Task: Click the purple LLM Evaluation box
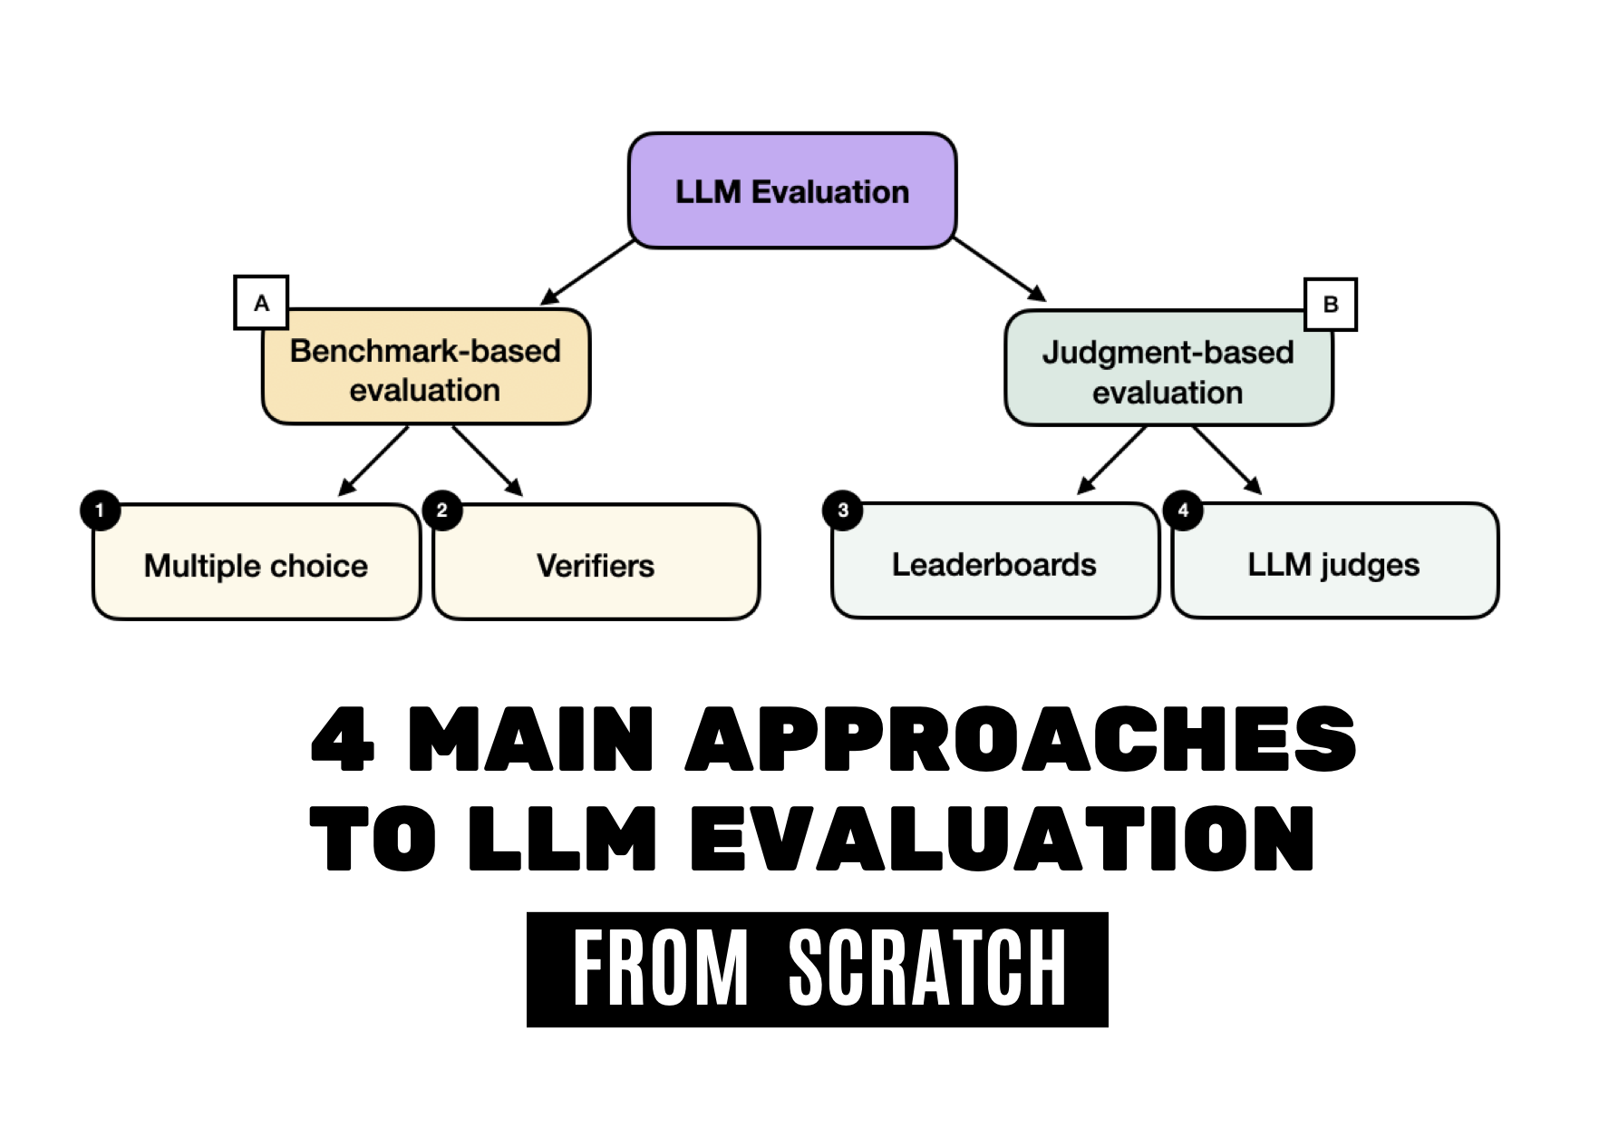pos(792,190)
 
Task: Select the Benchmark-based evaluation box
pos(425,369)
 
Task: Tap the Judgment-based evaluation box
pos(1168,371)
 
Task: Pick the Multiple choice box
pos(256,564)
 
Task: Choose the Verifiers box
pos(596,564)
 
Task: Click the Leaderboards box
pos(994,563)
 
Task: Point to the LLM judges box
pos(1333,563)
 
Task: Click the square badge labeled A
pos(261,302)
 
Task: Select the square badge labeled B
pos(1330,304)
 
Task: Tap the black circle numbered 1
pos(100,511)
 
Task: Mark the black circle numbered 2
pos(441,511)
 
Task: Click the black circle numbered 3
pos(842,510)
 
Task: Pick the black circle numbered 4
pos(1182,510)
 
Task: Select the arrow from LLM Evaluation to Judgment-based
pos(999,270)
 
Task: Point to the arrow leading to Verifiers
pos(487,461)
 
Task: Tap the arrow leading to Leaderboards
pos(1112,461)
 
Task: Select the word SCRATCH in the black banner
pos(927,968)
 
